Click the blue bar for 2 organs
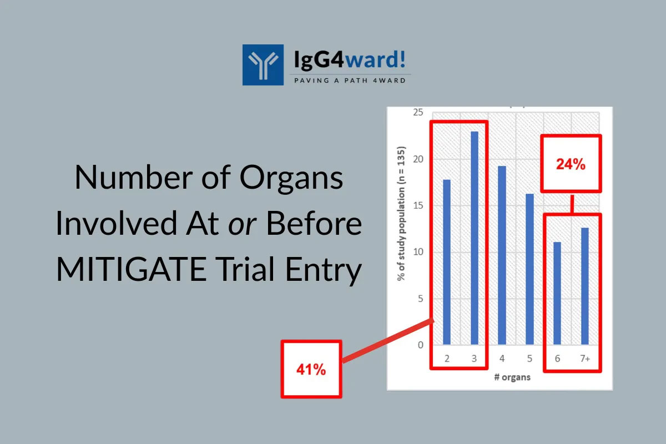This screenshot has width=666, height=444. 447,262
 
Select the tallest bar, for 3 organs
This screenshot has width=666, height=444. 475,238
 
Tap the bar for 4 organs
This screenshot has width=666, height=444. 502,255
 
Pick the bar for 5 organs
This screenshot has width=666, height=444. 529,269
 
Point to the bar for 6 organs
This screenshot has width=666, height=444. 557,293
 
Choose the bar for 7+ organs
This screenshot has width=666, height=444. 585,286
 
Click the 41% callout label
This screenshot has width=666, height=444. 311,370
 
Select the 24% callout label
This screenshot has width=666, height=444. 571,164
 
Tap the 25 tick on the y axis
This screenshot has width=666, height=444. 418,113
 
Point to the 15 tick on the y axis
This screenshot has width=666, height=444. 418,205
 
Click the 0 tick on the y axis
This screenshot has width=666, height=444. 421,345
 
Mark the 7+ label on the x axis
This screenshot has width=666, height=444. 585,359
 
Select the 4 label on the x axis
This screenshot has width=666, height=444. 502,359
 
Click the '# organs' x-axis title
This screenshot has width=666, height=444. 512,377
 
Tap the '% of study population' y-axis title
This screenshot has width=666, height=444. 401,214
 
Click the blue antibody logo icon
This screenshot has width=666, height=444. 263,65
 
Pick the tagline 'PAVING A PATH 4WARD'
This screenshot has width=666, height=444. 350,80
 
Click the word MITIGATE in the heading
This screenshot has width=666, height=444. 131,269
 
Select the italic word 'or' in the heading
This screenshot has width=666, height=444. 242,225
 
